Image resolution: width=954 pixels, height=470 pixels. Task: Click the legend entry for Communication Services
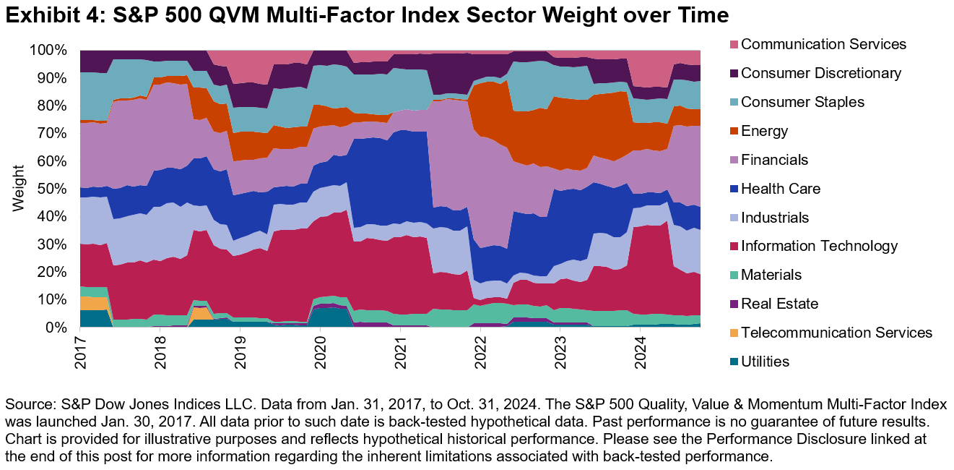pyautogui.click(x=823, y=44)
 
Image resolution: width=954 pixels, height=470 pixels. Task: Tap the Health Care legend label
pyautogui.click(x=781, y=189)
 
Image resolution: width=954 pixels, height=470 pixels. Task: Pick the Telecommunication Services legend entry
pyautogui.click(x=836, y=333)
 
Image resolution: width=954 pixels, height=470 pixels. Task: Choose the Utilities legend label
pyautogui.click(x=766, y=362)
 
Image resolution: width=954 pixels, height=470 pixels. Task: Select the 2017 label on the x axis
pyautogui.click(x=80, y=349)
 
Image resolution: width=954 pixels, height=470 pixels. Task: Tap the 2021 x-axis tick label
pyautogui.click(x=399, y=349)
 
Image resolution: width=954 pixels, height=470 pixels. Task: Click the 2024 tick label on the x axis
pyautogui.click(x=639, y=349)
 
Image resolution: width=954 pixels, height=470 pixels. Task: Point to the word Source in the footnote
pyautogui.click(x=27, y=404)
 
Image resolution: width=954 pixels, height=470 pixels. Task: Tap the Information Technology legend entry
pyautogui.click(x=819, y=246)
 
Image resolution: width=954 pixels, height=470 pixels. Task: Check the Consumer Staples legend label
pyautogui.click(x=802, y=102)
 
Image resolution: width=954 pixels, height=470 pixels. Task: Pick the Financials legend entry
pyautogui.click(x=774, y=160)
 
